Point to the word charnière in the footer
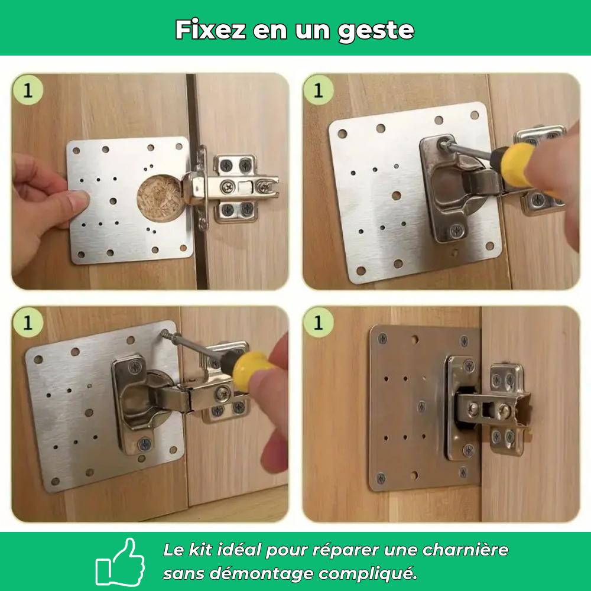coord(465,550)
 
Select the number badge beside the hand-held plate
coord(27,90)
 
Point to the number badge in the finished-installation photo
coord(319,323)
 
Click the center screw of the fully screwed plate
coord(421,406)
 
